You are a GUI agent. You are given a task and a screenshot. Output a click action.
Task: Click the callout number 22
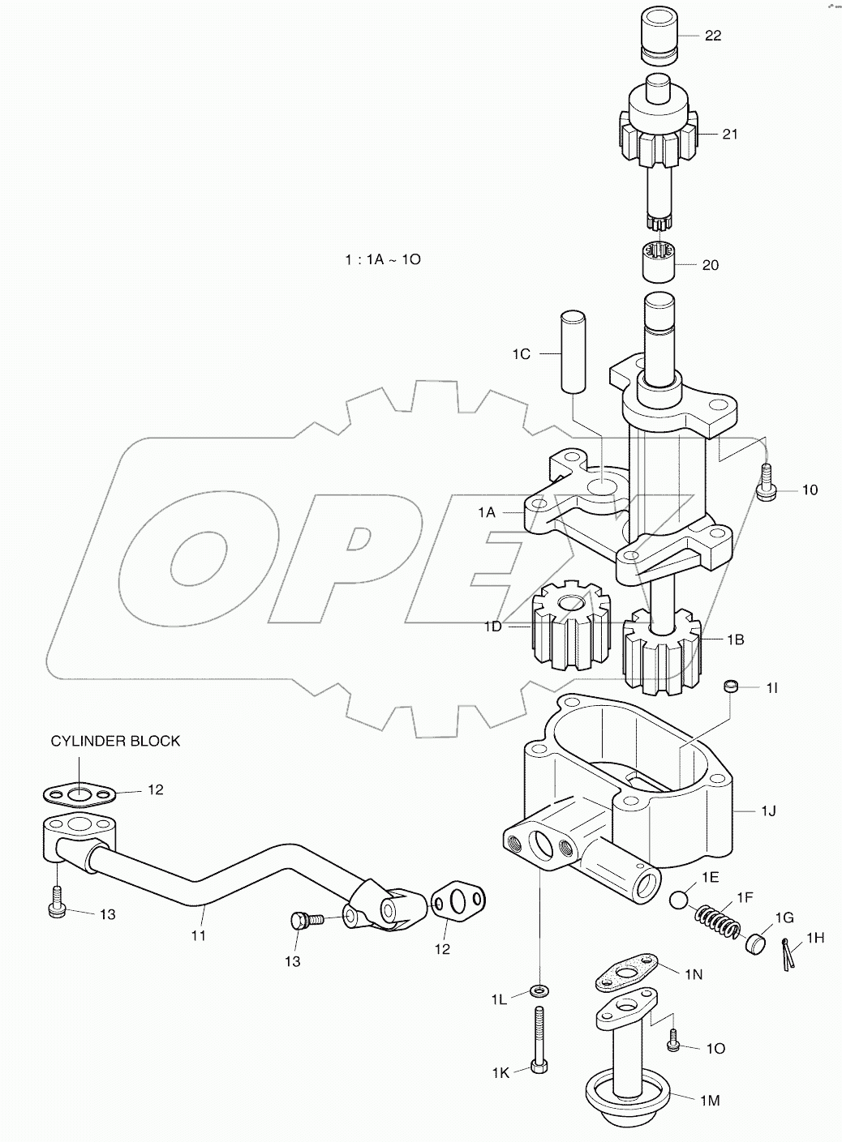[x=712, y=36]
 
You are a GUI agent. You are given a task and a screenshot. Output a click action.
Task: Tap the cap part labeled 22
[x=659, y=37]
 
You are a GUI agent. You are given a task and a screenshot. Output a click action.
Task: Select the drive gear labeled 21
[x=658, y=139]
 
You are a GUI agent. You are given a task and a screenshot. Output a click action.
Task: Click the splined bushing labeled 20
[x=658, y=263]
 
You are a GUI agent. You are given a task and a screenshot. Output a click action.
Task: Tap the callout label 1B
[x=735, y=639]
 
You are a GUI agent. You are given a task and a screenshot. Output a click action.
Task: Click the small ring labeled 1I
[x=732, y=687]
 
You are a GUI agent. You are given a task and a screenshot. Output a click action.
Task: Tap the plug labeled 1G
[x=757, y=943]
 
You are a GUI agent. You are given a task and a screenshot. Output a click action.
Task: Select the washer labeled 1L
[x=538, y=990]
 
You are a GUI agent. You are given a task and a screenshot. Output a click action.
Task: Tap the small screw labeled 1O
[x=674, y=1045]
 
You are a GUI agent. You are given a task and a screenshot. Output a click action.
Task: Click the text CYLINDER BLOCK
[x=115, y=741]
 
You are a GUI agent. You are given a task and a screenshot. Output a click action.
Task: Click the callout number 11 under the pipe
[x=199, y=935]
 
